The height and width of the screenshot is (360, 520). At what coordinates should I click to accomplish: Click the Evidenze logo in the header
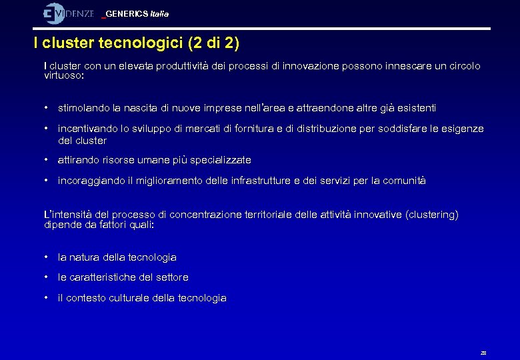pos(69,13)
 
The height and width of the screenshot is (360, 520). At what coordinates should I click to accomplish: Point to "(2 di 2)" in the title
pos(214,44)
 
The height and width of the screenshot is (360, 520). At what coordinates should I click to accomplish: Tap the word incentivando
pos(89,128)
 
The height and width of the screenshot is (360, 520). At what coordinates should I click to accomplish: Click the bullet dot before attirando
pos(45,160)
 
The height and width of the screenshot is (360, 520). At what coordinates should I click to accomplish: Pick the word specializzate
pos(221,160)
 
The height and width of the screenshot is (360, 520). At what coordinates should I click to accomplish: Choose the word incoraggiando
pos(91,181)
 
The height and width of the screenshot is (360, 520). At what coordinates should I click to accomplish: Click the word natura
pos(87,257)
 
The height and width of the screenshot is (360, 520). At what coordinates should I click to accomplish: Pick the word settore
pos(172,277)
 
